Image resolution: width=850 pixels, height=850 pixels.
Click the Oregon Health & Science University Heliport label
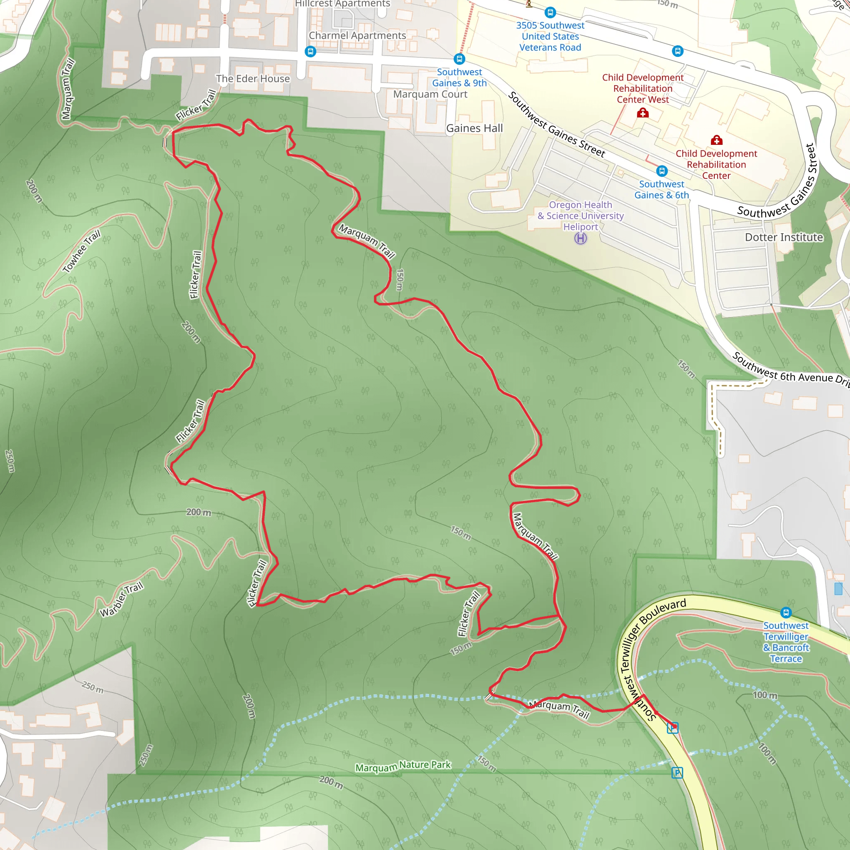click(580, 215)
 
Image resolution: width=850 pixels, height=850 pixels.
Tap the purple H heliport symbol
click(580, 239)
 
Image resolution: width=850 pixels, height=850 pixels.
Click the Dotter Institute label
click(784, 237)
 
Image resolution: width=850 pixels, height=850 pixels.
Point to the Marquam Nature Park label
click(403, 766)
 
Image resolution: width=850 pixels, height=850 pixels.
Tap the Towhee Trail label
click(81, 251)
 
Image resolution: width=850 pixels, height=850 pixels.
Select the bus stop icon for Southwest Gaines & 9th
click(459, 59)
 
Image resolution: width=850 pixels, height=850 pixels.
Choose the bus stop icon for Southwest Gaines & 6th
click(662, 171)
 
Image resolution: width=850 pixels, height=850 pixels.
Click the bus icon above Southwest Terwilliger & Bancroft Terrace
click(786, 612)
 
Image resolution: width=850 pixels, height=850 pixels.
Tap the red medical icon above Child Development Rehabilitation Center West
click(643, 113)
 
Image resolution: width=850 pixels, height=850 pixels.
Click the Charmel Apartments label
click(357, 35)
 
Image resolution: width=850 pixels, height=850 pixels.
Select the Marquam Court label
click(430, 94)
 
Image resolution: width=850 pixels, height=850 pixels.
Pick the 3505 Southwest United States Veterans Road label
click(550, 37)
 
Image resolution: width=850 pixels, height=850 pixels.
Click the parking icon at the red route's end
click(672, 728)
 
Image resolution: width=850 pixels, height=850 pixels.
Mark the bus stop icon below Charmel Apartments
click(310, 51)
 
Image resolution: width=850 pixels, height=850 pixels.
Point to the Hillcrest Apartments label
click(342, 3)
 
